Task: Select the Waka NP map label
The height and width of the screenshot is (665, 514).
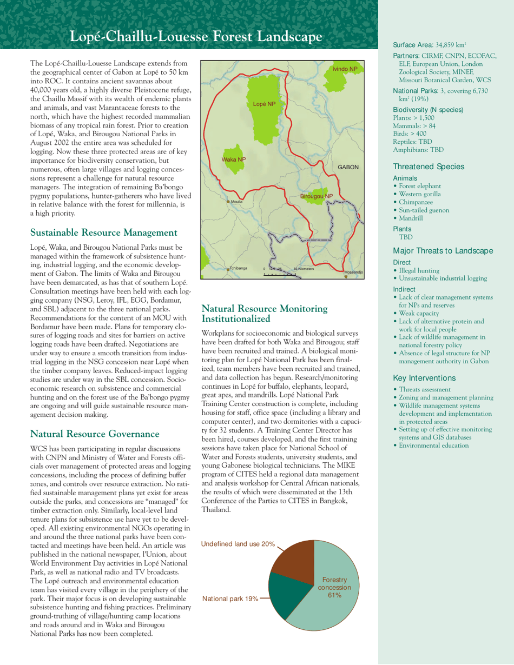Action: (234, 159)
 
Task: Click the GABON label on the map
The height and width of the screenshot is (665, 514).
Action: (348, 168)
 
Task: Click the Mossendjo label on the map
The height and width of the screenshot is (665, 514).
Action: (353, 272)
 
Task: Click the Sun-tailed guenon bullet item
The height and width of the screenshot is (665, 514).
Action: (427, 210)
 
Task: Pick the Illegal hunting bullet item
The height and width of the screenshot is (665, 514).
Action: (419, 270)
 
